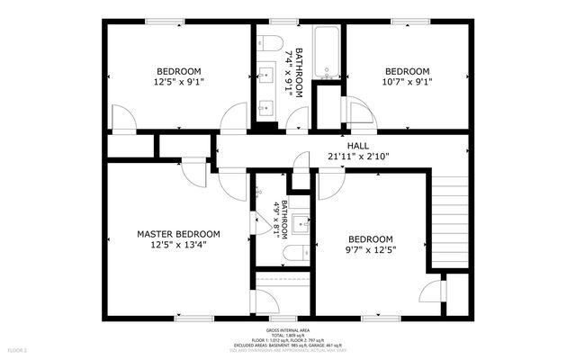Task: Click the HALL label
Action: coord(358,145)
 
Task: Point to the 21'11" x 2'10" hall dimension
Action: coord(358,156)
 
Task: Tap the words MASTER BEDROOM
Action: coord(178,234)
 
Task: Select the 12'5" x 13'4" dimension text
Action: coord(178,245)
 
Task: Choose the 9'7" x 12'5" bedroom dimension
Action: coord(371,249)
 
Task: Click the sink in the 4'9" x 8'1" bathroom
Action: coord(301,224)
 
